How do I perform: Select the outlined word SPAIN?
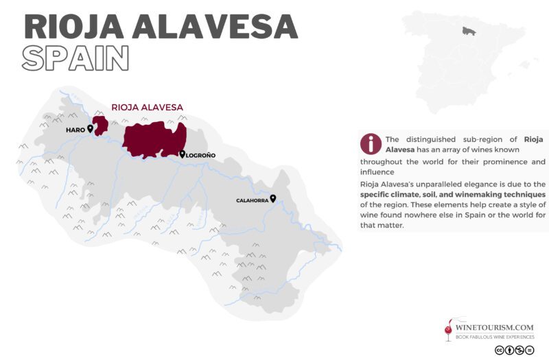pyautogui.click(x=75, y=58)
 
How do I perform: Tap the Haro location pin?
pyautogui.click(x=90, y=128)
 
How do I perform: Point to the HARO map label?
pyautogui.click(x=75, y=130)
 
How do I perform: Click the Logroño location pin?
pyautogui.click(x=182, y=154)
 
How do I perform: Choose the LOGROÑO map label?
pyautogui.click(x=201, y=156)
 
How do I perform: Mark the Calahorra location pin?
pyautogui.click(x=273, y=198)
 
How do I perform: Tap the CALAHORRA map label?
pyautogui.click(x=252, y=200)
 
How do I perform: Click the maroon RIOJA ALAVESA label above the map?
pyautogui.click(x=148, y=108)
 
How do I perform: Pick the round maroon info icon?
pyautogui.click(x=371, y=143)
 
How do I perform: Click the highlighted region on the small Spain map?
pyautogui.click(x=469, y=32)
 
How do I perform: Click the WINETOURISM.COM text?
pyautogui.click(x=495, y=328)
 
